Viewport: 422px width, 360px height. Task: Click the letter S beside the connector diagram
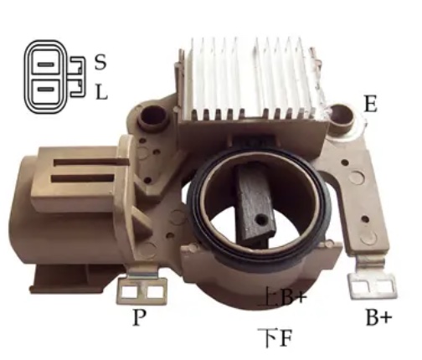100,62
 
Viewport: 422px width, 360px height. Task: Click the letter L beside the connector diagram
101,92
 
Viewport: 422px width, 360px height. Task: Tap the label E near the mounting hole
370,104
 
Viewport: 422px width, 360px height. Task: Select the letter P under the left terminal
139,317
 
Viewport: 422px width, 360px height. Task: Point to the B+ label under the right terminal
378,317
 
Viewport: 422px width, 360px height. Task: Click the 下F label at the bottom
275,338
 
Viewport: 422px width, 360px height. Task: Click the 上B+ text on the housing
282,296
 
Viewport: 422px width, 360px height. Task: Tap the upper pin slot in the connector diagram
45,64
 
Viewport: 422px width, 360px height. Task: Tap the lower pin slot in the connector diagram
45,90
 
